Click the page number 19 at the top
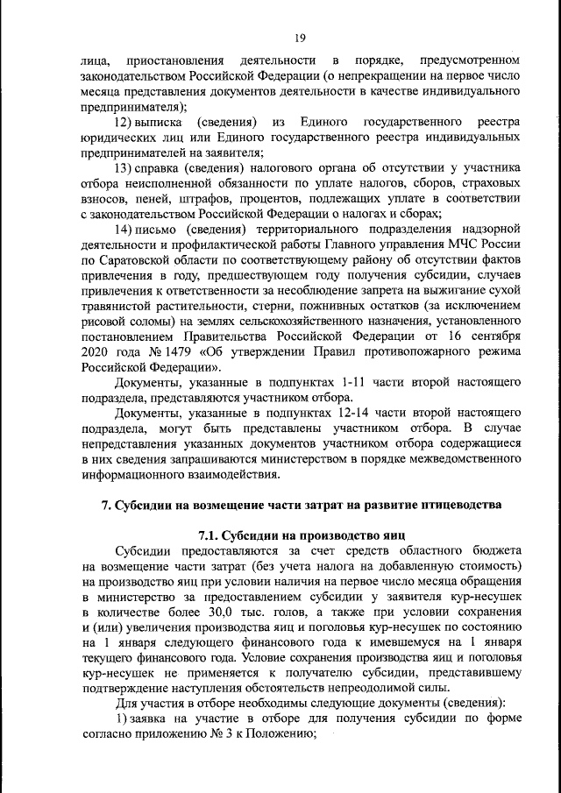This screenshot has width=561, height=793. [300, 37]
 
